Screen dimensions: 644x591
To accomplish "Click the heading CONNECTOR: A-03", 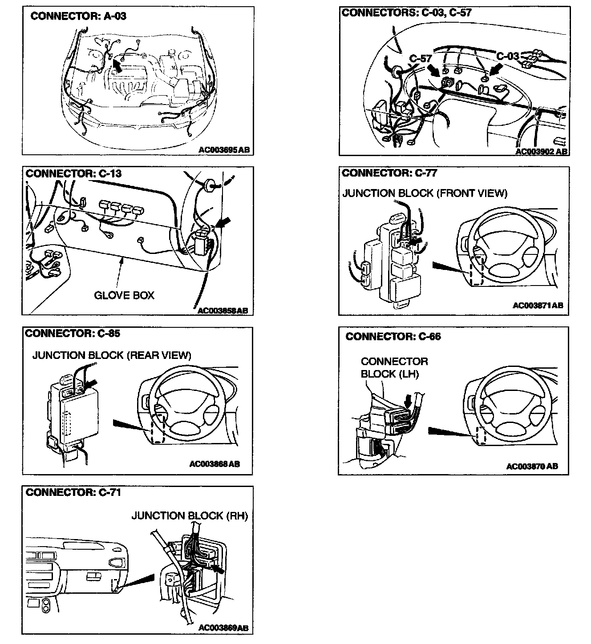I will click(78, 16).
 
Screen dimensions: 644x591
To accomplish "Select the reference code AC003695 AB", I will click(224, 150).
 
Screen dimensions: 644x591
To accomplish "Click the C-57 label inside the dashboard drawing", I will click(421, 59).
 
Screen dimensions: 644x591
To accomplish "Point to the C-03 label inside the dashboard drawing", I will click(508, 56).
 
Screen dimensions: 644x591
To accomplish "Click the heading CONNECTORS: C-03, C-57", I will click(406, 12).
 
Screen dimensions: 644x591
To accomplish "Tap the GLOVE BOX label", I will click(124, 295).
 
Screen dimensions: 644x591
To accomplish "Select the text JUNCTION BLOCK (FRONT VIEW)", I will click(425, 193).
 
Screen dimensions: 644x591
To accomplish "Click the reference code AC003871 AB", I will click(538, 306).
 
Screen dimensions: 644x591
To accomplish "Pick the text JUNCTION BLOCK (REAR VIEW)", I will click(112, 355).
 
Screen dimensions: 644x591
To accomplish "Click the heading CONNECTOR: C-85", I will click(73, 333).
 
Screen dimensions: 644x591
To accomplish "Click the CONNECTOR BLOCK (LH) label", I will click(394, 367).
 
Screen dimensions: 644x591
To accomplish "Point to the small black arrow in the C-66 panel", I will click(407, 402).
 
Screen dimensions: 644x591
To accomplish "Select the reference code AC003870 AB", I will click(532, 466).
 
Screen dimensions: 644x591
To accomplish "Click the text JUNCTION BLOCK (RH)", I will click(190, 515).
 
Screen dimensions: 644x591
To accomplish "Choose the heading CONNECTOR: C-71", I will click(73, 492).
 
